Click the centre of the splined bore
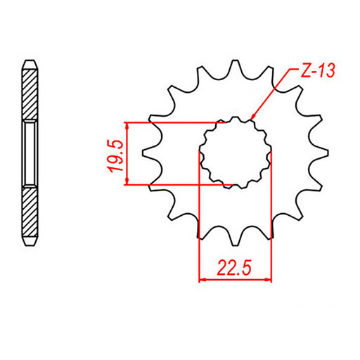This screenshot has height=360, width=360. coord(236,153)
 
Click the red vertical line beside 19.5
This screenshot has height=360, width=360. coord(127,153)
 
